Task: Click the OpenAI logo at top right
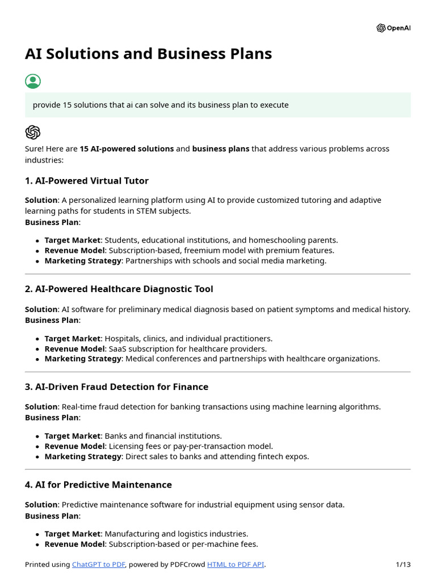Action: pos(393,28)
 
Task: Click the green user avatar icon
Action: pos(33,81)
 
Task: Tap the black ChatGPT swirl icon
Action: pos(33,132)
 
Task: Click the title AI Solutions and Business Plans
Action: pos(148,54)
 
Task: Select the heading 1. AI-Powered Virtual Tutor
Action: pos(86,181)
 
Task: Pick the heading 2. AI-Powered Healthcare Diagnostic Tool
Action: pos(119,289)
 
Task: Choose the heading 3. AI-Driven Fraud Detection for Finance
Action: pos(116,386)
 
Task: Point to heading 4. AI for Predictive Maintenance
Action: pos(98,484)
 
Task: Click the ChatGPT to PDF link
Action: pos(98,564)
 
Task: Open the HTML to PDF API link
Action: pos(236,564)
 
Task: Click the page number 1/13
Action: pos(403,564)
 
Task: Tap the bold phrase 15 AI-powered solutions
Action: pos(127,148)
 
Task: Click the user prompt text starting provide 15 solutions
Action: pos(161,105)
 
